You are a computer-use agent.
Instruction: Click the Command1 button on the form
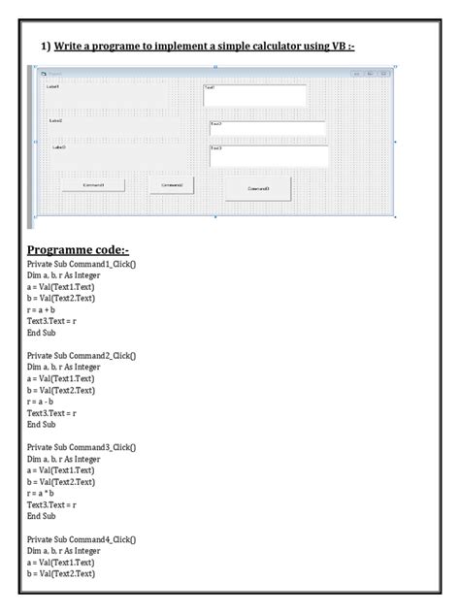(x=92, y=184)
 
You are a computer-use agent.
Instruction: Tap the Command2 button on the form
(x=173, y=184)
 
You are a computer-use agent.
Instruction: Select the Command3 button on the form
(x=258, y=188)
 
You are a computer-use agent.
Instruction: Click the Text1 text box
(x=254, y=95)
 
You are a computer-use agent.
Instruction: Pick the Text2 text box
(x=267, y=129)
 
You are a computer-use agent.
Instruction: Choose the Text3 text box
(x=268, y=155)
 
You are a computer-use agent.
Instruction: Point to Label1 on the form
(x=52, y=86)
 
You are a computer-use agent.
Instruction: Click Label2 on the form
(x=56, y=121)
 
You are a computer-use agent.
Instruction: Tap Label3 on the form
(x=59, y=147)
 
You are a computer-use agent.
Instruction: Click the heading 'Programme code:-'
(x=84, y=249)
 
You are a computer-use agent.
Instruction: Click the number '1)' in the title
(x=45, y=48)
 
